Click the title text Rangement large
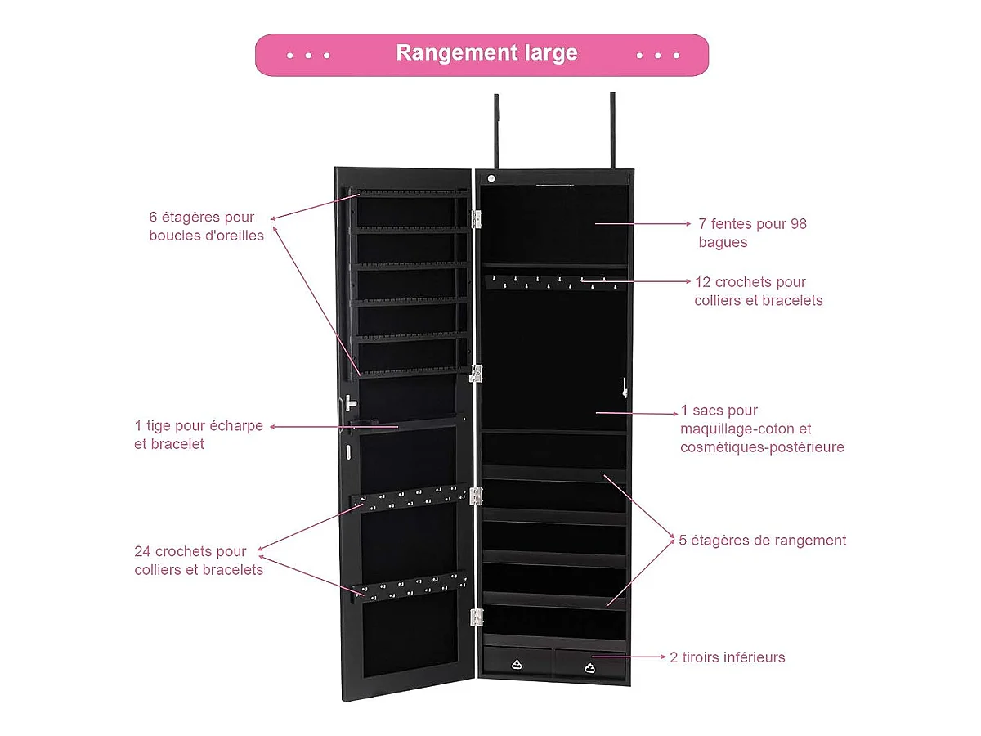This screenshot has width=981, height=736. pyautogui.click(x=486, y=53)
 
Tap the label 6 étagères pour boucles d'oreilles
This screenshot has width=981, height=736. pyautogui.click(x=206, y=227)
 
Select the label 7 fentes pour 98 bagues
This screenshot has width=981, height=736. pyautogui.click(x=752, y=233)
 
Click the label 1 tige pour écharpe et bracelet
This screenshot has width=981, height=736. pyautogui.click(x=199, y=435)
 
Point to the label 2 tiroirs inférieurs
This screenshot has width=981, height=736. pyautogui.click(x=727, y=657)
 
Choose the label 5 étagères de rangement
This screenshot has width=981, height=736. pyautogui.click(x=762, y=541)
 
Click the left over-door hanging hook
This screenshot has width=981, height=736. pyautogui.click(x=496, y=131)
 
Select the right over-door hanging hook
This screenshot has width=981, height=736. pyautogui.click(x=611, y=131)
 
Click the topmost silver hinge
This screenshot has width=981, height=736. pyautogui.click(x=476, y=219)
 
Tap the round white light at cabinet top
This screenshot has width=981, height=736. pyautogui.click(x=491, y=178)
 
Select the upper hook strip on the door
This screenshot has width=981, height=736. pyautogui.click(x=409, y=496)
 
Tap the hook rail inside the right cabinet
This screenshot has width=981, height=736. pyautogui.click(x=554, y=283)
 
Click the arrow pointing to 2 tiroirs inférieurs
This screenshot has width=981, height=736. pyautogui.click(x=629, y=657)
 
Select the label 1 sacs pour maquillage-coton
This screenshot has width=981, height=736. pyautogui.click(x=761, y=429)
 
